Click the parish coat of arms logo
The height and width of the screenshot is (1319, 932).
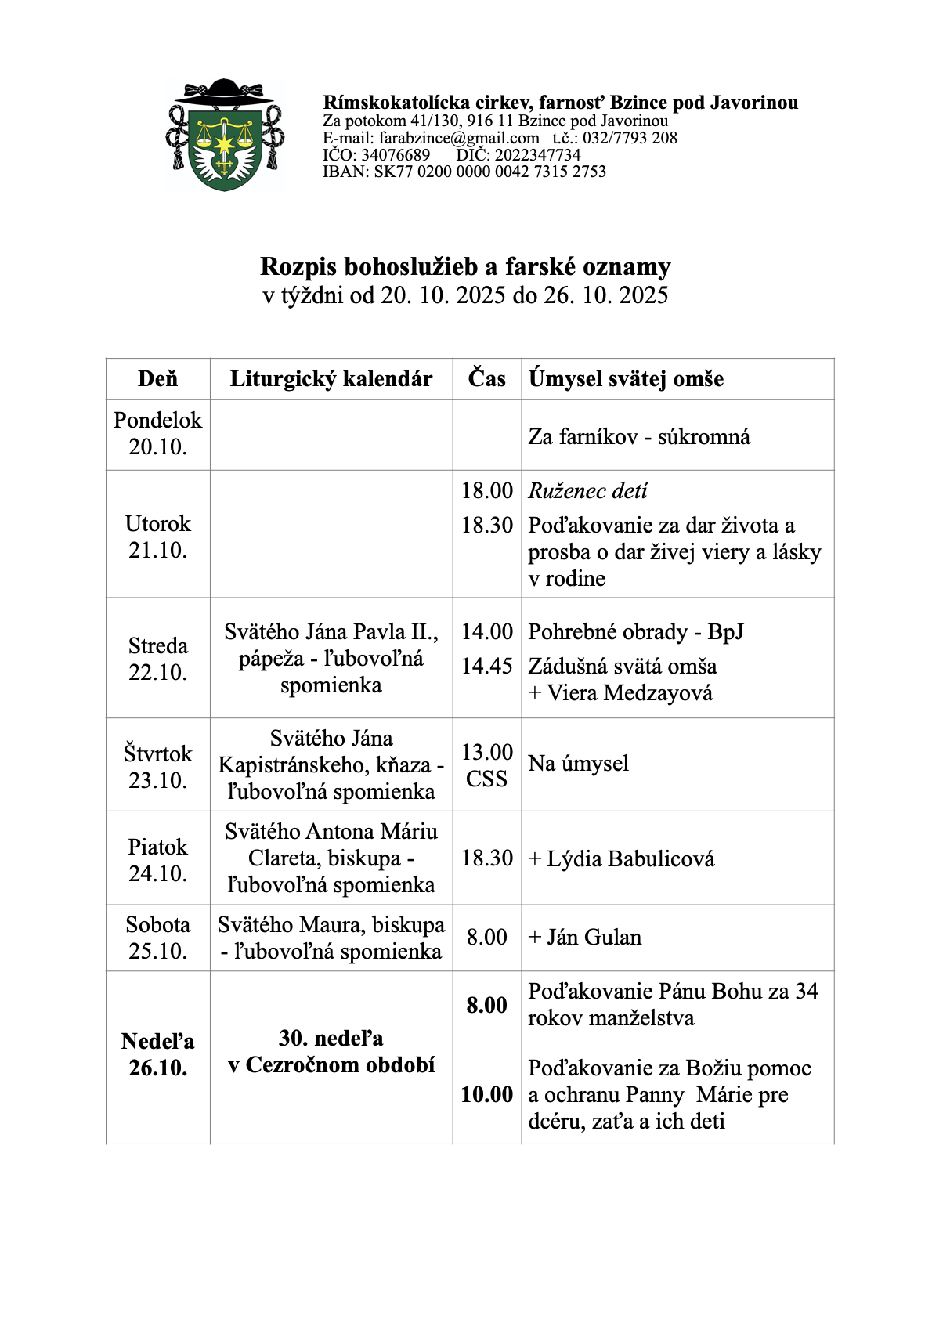pos(225,136)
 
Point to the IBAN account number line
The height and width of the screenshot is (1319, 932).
pos(464,172)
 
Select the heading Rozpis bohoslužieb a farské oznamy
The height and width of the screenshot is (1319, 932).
pos(465,267)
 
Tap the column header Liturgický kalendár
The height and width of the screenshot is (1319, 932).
pos(331,379)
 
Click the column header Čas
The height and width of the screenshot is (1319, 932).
pos(486,379)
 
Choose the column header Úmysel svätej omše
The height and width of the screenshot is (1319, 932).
pos(626,379)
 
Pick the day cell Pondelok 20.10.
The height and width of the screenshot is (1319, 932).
pos(157,434)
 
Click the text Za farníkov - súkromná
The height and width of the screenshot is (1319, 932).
pos(639,436)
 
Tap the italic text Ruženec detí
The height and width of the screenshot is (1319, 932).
pos(587,491)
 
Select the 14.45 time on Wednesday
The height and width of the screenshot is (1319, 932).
pos(486,666)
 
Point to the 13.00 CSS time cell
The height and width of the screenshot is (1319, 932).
pos(486,765)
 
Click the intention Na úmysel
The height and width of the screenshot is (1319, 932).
pos(578,764)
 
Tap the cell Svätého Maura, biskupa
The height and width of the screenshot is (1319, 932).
pos(331,925)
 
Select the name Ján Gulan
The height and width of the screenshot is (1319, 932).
pos(593,938)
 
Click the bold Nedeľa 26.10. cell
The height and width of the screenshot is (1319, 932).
pos(157,1054)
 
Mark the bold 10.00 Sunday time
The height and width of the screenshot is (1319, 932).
pos(486,1094)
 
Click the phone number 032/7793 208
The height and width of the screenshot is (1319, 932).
pos(630,138)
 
